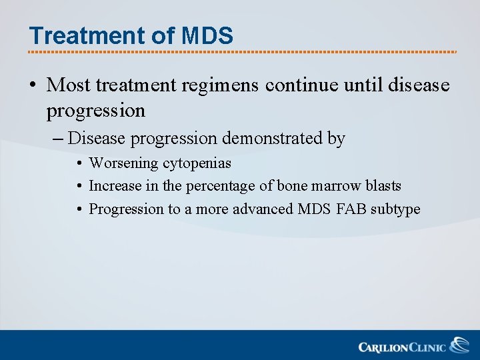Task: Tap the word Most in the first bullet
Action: (69, 85)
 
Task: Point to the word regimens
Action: (220, 85)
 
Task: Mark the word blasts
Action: (383, 186)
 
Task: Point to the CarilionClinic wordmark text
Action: (403, 347)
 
